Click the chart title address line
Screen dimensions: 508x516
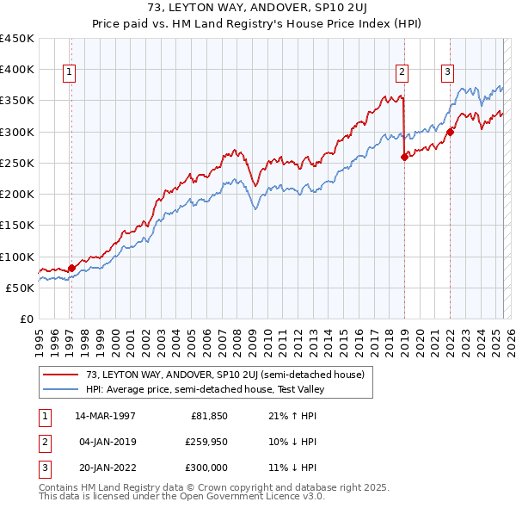point(257,9)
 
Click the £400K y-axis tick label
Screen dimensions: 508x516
point(17,70)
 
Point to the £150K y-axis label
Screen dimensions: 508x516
point(17,226)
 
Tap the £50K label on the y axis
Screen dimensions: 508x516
point(21,288)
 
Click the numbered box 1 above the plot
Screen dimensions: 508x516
point(69,72)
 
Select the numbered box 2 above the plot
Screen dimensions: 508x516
point(402,72)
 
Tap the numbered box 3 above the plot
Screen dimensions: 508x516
point(447,72)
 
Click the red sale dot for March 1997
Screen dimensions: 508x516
point(71,268)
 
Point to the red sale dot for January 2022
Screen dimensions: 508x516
point(450,132)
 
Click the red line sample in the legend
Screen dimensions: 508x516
point(61,375)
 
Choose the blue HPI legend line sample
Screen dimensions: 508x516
point(61,388)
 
